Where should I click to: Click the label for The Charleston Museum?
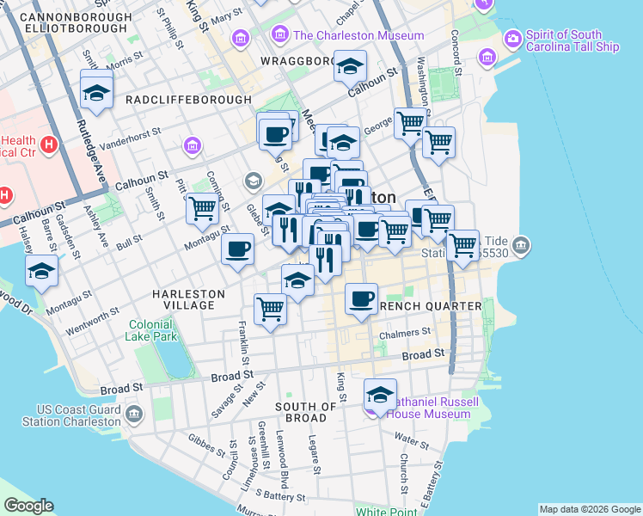point(358,35)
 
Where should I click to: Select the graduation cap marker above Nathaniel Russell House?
point(380,395)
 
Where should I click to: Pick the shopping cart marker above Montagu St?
point(202,208)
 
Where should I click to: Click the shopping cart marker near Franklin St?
point(271,308)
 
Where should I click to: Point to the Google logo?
point(28,506)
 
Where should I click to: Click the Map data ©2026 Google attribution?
point(590,508)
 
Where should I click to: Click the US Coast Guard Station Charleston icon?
point(133,415)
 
